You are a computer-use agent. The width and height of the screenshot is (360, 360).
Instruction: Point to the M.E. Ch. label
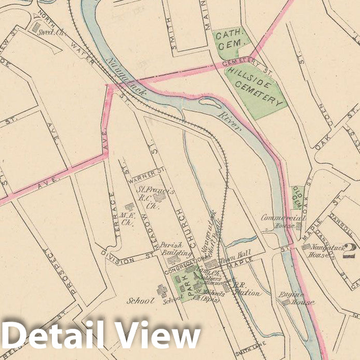127,215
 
